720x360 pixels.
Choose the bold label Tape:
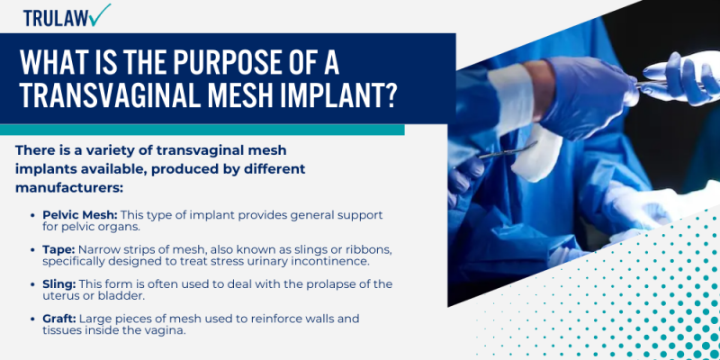pyautogui.click(x=59, y=249)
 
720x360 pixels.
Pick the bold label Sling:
pyautogui.click(x=60, y=283)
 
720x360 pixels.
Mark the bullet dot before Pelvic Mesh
pyautogui.click(x=33, y=216)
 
